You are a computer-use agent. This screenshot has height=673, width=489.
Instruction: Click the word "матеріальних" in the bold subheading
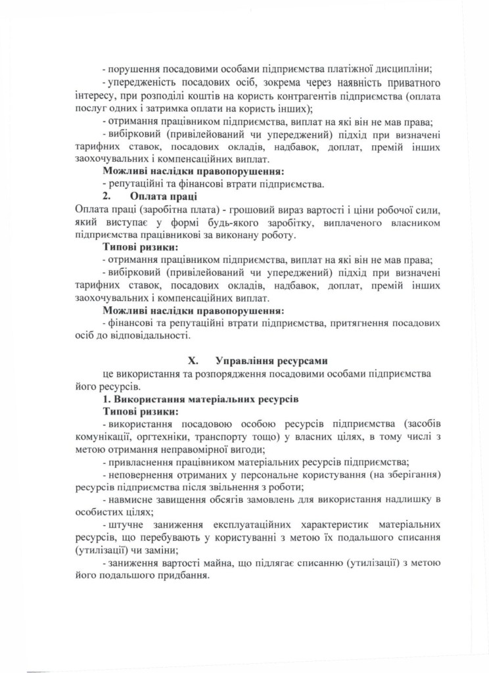204,398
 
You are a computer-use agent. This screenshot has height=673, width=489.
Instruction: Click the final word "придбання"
184,574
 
